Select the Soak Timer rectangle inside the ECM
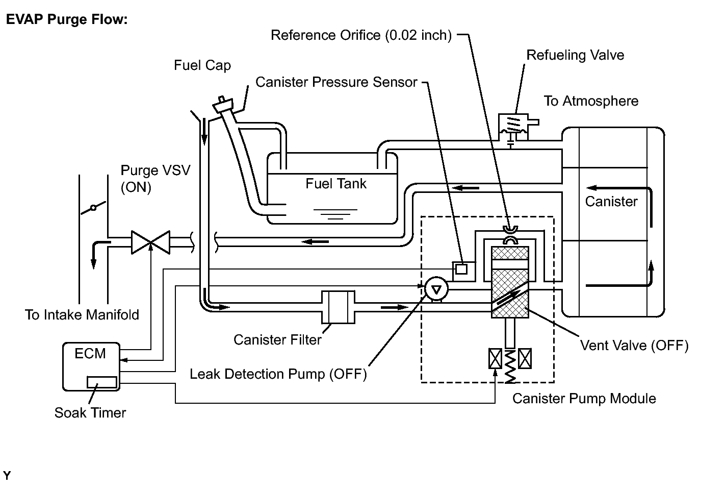click(102, 382)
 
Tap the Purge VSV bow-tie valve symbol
click(150, 242)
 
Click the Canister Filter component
click(338, 307)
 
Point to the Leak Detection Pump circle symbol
click(436, 289)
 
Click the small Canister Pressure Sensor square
click(461, 269)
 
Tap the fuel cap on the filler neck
click(223, 104)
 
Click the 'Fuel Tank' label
click(336, 184)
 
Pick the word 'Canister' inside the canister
click(611, 202)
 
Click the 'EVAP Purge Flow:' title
click(67, 19)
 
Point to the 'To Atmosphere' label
click(591, 101)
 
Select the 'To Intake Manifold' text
click(82, 315)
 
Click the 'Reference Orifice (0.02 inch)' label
click(361, 35)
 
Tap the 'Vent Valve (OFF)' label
click(634, 345)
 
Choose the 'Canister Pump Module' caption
click(584, 399)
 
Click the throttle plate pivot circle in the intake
click(93, 207)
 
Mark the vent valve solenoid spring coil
click(510, 366)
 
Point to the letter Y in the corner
click(7, 476)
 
